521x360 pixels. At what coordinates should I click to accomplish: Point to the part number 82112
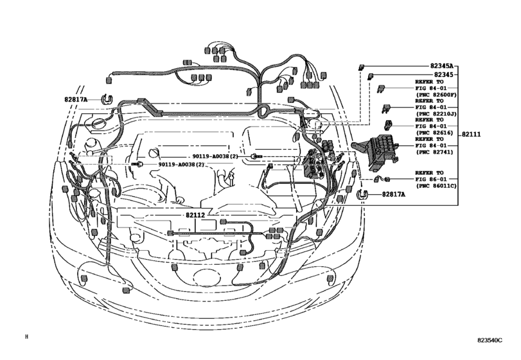[195, 216]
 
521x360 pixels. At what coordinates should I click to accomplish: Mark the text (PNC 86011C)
[436, 186]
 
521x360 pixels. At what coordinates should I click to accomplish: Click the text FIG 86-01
[430, 179]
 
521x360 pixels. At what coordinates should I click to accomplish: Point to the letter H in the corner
[27, 336]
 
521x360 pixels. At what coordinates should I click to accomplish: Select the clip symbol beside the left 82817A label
[107, 100]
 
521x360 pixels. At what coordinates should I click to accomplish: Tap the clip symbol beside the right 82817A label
[362, 194]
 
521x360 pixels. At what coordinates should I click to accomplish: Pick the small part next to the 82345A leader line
[362, 66]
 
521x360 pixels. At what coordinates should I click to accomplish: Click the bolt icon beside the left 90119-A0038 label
[138, 165]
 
